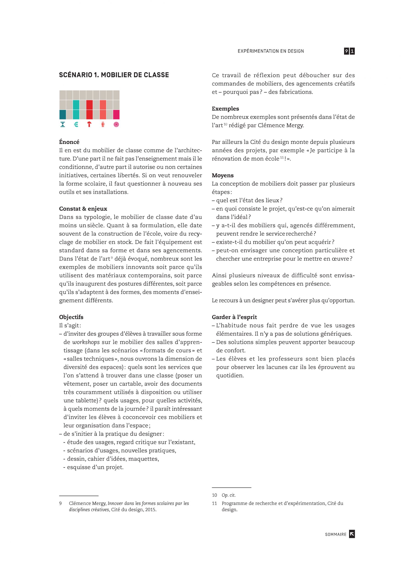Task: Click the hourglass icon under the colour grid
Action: pyautogui.click(x=63, y=124)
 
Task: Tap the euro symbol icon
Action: pyautogui.click(x=76, y=124)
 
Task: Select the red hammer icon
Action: pyautogui.click(x=89, y=124)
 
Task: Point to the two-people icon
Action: pyautogui.click(x=103, y=124)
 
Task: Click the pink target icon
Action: pyautogui.click(x=116, y=124)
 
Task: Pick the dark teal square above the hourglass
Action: pyautogui.click(x=63, y=114)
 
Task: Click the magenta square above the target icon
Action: pyautogui.click(x=116, y=114)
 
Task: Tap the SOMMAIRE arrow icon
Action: pyautogui.click(x=352, y=534)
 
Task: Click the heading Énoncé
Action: pyautogui.click(x=69, y=142)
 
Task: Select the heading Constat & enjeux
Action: pyautogui.click(x=83, y=209)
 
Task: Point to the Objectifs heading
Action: pyautogui.click(x=71, y=317)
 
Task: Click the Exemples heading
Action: pyautogui.click(x=225, y=109)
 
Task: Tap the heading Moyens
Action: pyautogui.click(x=223, y=175)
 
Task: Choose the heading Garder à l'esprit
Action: pyautogui.click(x=234, y=317)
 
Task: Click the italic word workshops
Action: pyautogui.click(x=86, y=342)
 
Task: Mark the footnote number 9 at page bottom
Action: pyautogui.click(x=60, y=503)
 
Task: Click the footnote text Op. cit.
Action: pyautogui.click(x=229, y=495)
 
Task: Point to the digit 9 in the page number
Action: pyautogui.click(x=346, y=51)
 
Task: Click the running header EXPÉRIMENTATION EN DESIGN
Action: pyautogui.click(x=271, y=51)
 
